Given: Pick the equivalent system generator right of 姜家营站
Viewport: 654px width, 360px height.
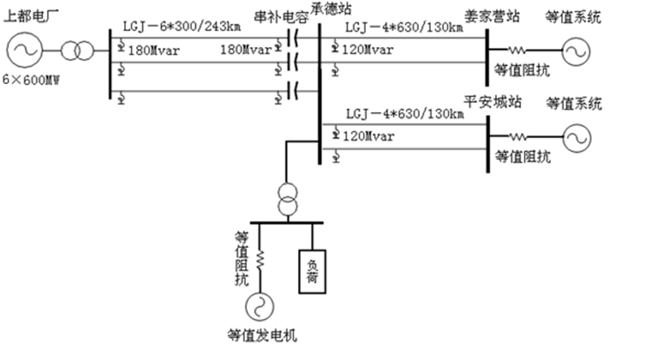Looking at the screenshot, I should point(574,51).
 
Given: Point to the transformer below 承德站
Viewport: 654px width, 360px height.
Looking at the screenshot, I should point(287,199).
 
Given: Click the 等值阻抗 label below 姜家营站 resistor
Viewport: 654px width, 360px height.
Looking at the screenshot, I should point(522,70).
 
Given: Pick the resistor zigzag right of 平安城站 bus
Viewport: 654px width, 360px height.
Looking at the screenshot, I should point(519,137).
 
